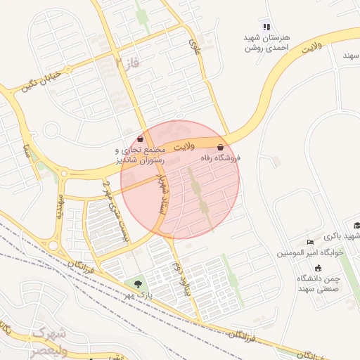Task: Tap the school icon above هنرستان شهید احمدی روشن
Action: coord(266,27)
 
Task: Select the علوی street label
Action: coord(194,47)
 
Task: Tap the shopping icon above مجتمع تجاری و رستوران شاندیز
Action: coord(141,139)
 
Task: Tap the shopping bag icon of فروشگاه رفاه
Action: coord(221,148)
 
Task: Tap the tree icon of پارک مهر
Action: coord(138,283)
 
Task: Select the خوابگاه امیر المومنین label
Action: coord(309,252)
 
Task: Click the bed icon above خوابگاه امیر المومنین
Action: coord(310,242)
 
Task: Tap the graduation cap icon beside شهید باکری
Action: coord(357,226)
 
